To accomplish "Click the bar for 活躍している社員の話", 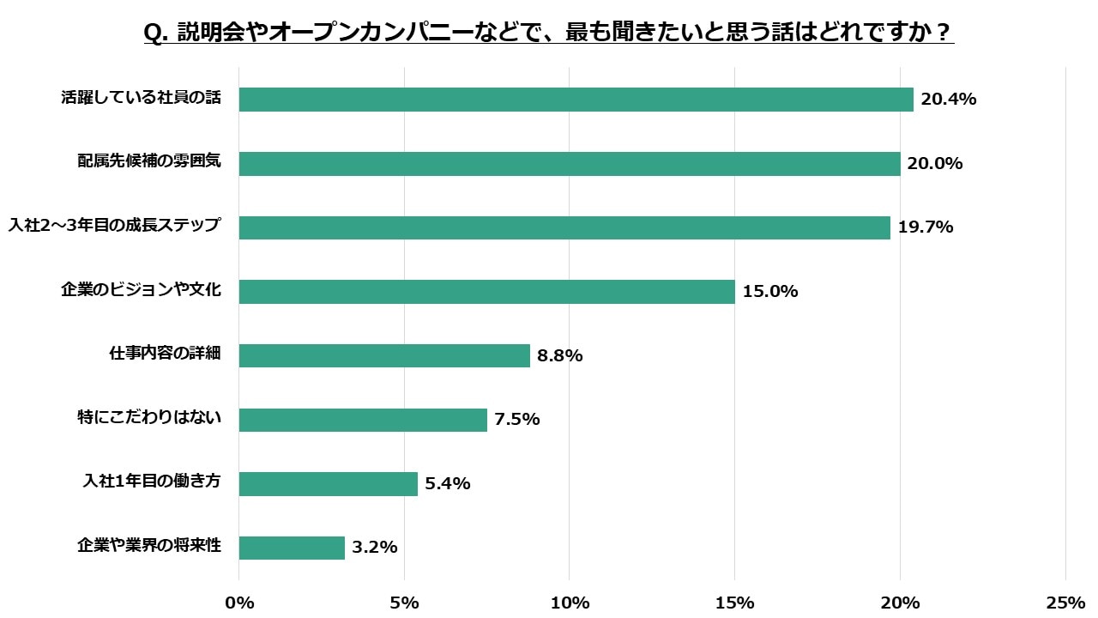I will coord(576,100).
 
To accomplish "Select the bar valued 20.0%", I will coord(570,164).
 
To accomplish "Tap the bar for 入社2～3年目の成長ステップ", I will coord(564,227).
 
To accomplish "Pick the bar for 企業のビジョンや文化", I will coord(486,292).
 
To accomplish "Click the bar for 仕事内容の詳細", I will coord(384,355).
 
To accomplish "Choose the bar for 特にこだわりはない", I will coord(363,420).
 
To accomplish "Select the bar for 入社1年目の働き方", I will coord(328,483).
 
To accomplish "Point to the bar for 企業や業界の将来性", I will coord(292,548).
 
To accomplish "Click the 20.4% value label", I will coord(949,100).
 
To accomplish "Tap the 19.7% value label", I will coord(926,227).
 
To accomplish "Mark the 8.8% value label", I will coord(560,355).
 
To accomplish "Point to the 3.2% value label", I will coord(374,548).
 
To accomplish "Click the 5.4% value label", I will coord(448,483).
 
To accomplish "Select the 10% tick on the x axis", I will coord(570,603).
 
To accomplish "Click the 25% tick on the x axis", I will coord(1065,603).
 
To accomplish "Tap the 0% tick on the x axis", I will coord(239,603).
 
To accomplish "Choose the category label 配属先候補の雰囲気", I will coord(149,162).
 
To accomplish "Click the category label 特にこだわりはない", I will coord(149,418).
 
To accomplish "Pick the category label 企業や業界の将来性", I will coord(149,546).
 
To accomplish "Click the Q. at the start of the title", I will coord(156,33).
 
